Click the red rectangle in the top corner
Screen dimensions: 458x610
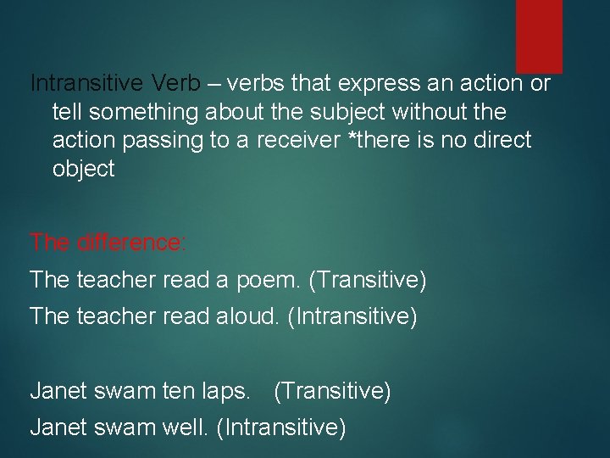[539, 36]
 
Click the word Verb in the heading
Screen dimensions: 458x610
[176, 84]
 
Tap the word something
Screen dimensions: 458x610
[144, 112]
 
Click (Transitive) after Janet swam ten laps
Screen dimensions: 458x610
[332, 391]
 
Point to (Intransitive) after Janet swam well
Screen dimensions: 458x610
[281, 427]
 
